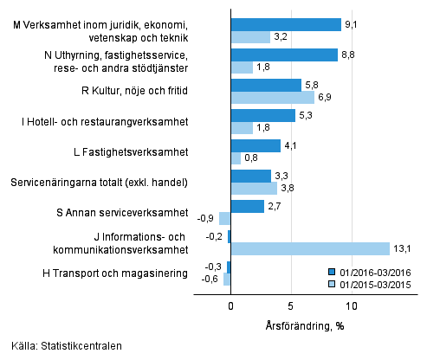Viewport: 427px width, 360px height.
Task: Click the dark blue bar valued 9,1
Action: click(286, 24)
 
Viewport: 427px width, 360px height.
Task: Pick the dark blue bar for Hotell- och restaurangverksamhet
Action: click(263, 115)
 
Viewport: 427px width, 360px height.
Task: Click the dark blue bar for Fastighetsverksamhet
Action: click(256, 145)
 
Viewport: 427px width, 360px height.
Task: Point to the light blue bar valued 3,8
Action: click(254, 188)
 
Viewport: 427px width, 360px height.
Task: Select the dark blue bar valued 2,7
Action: click(247, 206)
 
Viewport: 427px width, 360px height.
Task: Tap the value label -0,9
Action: click(207, 218)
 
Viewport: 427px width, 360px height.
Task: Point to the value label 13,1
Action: click(403, 249)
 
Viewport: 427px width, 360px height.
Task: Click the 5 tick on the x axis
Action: click(291, 306)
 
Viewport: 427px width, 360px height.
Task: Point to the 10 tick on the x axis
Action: click(352, 306)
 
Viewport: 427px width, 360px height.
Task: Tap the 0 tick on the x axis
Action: click(231, 306)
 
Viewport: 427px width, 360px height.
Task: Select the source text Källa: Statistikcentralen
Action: click(62, 346)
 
